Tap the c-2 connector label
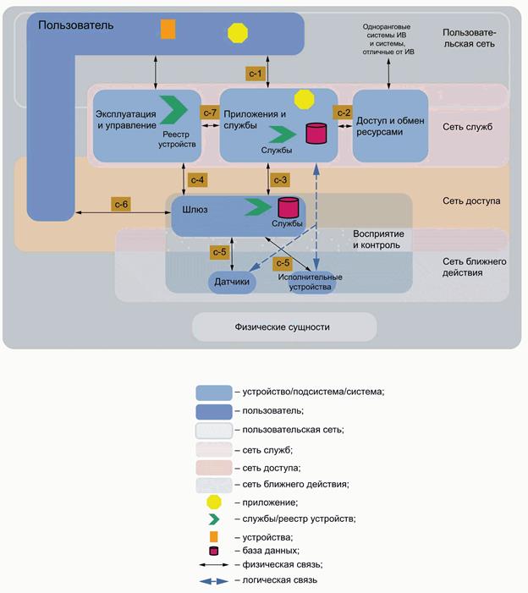click(x=344, y=112)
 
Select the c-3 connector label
click(x=280, y=179)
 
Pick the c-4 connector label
click(x=197, y=179)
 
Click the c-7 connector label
click(x=209, y=112)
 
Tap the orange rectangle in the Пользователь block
click(x=168, y=29)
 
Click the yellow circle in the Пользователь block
click(x=239, y=32)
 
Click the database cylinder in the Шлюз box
click(x=288, y=206)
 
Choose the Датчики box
click(x=232, y=283)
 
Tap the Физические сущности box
click(x=283, y=327)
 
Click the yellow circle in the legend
click(x=214, y=502)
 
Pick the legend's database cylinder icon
click(x=214, y=551)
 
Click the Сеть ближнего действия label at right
click(x=474, y=267)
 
